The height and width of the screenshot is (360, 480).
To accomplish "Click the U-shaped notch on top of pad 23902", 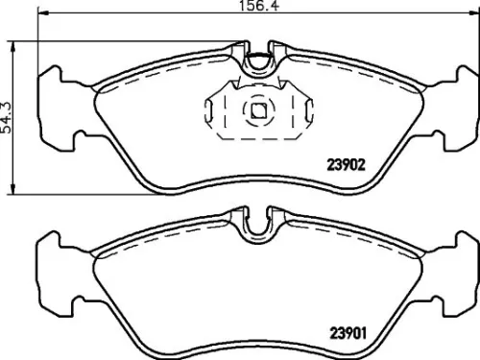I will [257, 63].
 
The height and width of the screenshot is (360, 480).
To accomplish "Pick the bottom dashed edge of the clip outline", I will [257, 136].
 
